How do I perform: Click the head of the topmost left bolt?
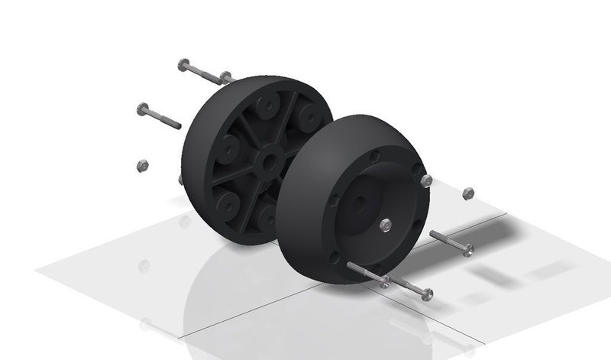[183, 65]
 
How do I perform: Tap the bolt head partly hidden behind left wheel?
[225, 76]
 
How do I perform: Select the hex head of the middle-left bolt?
[143, 109]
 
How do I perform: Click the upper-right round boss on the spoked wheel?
[309, 116]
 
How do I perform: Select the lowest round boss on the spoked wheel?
[267, 217]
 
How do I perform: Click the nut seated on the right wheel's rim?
[426, 180]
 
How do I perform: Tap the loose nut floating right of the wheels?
[468, 194]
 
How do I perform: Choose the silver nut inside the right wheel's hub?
[386, 224]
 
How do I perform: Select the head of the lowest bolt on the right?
[426, 294]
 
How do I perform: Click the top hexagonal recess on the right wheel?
[373, 156]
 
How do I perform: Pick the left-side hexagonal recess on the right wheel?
[333, 200]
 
